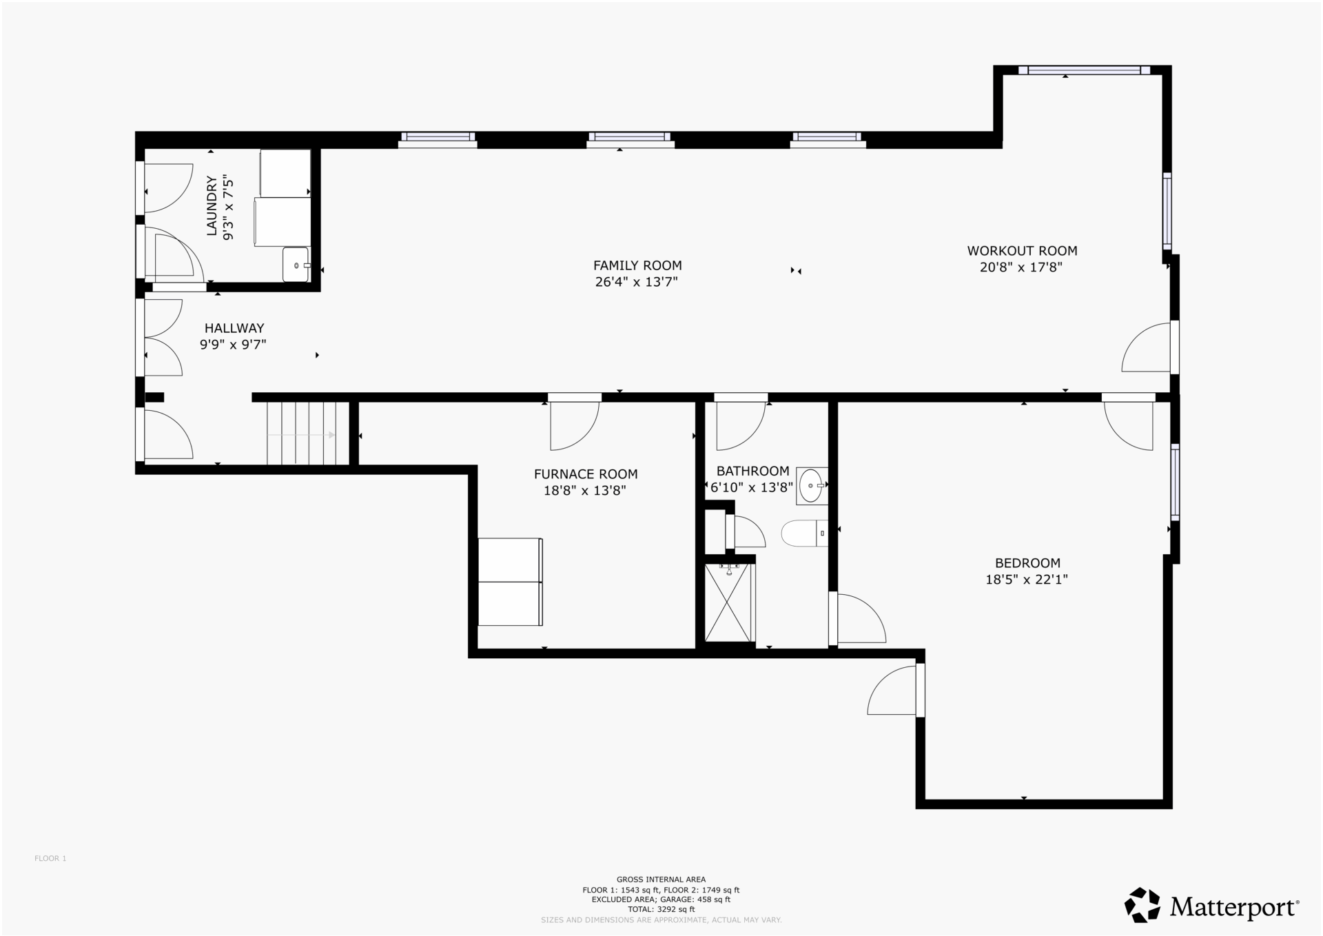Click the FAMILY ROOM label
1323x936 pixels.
pyautogui.click(x=637, y=265)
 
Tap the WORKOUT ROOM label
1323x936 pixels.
pyautogui.click(x=1022, y=251)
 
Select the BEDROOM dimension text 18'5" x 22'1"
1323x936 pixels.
pyautogui.click(x=1027, y=580)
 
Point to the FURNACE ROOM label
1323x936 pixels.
pyautogui.click(x=586, y=474)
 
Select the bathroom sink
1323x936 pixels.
pyautogui.click(x=812, y=485)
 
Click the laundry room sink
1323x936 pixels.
pyautogui.click(x=296, y=265)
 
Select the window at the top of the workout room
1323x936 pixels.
pyautogui.click(x=1084, y=70)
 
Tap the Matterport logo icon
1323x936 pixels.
pyautogui.click(x=1142, y=905)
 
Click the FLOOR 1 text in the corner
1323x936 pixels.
pyautogui.click(x=50, y=858)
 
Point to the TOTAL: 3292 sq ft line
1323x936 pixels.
pyautogui.click(x=661, y=909)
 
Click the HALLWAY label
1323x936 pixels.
pyautogui.click(x=234, y=328)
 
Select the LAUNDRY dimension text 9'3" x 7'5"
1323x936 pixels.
pyautogui.click(x=229, y=209)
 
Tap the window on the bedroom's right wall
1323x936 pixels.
pyautogui.click(x=1175, y=481)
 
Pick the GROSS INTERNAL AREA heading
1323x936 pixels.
pyautogui.click(x=661, y=879)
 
